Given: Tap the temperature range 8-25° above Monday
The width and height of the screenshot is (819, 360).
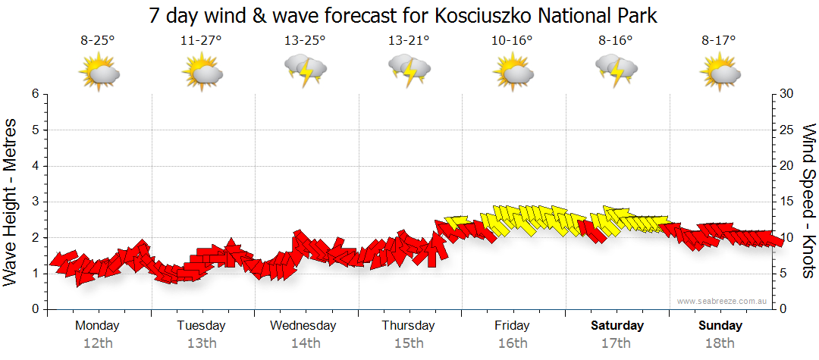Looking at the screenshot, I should [98, 41].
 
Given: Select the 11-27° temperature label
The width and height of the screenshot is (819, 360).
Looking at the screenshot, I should [201, 41].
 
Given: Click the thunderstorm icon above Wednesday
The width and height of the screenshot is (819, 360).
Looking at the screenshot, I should [305, 70].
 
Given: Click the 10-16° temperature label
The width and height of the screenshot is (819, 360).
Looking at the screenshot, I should [512, 41].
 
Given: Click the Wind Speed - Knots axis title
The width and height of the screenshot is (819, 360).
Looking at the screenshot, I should [808, 201].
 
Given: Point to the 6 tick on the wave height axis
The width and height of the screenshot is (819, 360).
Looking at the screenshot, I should [35, 94].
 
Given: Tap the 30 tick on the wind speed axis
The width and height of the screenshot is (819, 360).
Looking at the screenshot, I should [787, 94].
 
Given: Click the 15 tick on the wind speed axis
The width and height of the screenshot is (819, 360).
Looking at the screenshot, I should [787, 202].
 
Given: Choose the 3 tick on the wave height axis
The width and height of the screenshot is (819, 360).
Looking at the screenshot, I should [35, 202].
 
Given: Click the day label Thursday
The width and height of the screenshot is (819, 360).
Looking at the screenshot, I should [408, 326].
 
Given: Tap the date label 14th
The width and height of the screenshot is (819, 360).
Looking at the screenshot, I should [305, 343].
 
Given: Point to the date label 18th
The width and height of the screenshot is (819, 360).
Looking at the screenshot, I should [719, 343].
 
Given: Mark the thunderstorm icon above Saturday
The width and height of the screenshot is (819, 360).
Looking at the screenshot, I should [616, 70].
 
